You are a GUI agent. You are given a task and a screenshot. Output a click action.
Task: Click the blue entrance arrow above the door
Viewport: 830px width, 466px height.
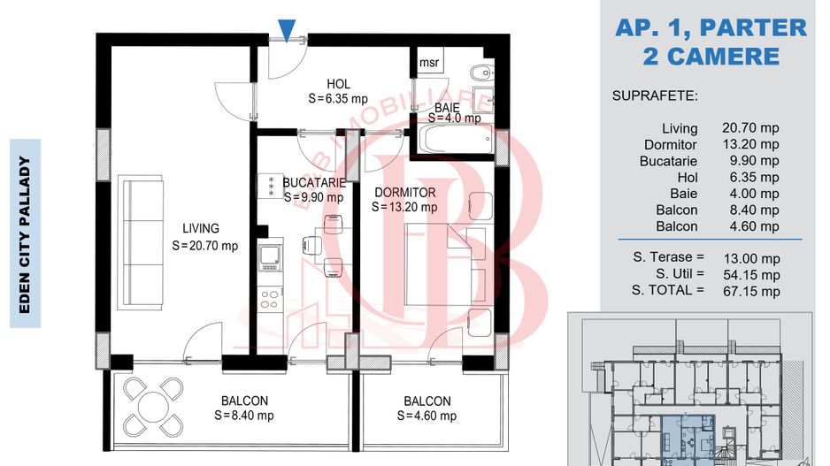[x=287, y=30]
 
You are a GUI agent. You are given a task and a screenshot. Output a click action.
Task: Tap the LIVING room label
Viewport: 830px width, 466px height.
[x=201, y=228]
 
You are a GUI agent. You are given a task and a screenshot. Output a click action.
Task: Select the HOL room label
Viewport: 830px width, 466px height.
[x=338, y=84]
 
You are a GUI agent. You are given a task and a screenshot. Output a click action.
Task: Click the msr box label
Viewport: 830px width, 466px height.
[x=429, y=63]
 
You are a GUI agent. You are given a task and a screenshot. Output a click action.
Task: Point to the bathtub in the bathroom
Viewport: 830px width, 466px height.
[x=457, y=138]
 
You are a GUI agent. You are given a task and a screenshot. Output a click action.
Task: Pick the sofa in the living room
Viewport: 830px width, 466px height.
[x=142, y=243]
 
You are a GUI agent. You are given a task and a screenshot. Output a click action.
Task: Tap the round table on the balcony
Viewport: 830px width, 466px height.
[x=153, y=407]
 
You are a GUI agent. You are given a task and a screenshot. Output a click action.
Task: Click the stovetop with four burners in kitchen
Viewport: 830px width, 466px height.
[x=270, y=298]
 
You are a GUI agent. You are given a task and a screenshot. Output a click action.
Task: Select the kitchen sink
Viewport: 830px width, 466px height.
[x=270, y=256]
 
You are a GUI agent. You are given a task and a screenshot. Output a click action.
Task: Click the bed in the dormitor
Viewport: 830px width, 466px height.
[x=445, y=264]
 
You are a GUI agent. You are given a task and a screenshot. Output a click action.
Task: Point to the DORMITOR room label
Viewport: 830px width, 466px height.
[x=405, y=193]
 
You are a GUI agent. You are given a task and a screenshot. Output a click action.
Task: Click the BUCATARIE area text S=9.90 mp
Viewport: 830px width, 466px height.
[x=313, y=197]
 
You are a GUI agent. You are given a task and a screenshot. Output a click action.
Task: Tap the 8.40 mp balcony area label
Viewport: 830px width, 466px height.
[x=244, y=416]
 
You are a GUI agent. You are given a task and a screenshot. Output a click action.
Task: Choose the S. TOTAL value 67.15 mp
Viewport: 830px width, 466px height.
[x=751, y=292]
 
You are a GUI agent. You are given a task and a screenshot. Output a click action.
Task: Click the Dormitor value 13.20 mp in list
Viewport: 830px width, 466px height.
[x=750, y=144]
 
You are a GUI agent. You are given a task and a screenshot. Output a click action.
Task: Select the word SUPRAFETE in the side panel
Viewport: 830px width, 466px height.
[x=655, y=95]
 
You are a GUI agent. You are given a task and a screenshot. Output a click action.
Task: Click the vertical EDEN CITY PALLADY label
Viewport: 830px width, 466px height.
[x=25, y=233]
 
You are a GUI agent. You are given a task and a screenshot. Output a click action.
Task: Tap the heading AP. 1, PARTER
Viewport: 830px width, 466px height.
[x=711, y=27]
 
